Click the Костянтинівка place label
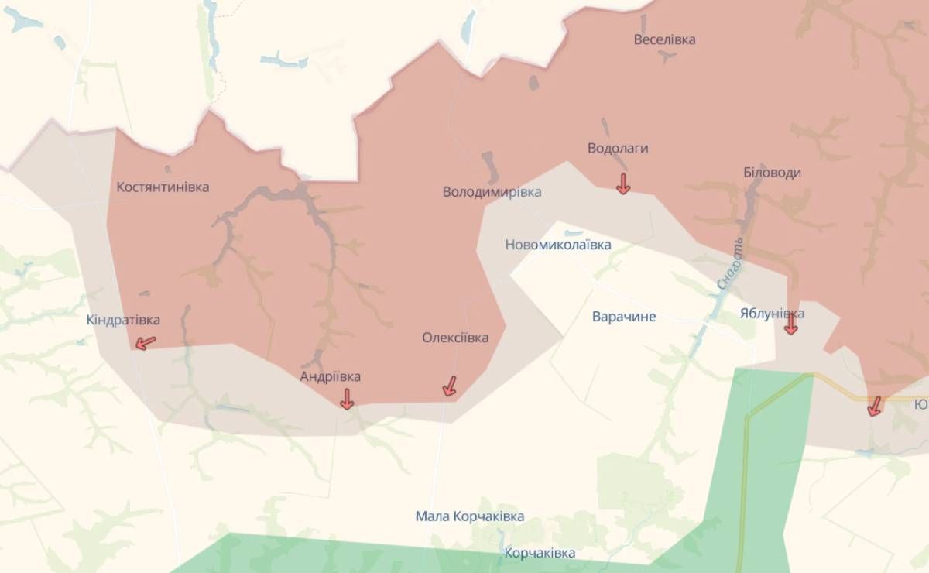(x=163, y=187)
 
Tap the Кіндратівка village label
(x=124, y=320)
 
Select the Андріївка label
(x=331, y=376)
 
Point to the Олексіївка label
(x=455, y=338)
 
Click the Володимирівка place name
(x=492, y=191)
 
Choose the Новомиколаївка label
(x=557, y=245)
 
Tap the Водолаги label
(x=618, y=148)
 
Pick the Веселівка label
(x=664, y=39)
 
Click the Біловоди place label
(x=772, y=173)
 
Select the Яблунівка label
(x=772, y=314)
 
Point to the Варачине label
(x=624, y=316)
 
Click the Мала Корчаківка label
(x=469, y=516)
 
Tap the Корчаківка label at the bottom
(x=540, y=553)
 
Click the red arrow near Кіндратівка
(x=144, y=342)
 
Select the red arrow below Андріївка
(x=347, y=399)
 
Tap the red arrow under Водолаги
(x=622, y=184)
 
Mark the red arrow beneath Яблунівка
(x=790, y=325)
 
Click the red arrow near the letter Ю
(x=875, y=406)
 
